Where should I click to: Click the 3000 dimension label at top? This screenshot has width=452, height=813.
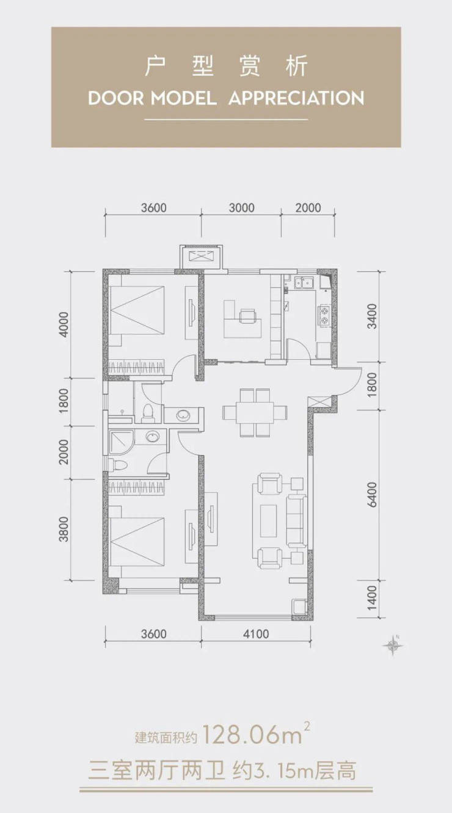(x=241, y=208)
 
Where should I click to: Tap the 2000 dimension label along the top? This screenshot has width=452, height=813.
(x=308, y=208)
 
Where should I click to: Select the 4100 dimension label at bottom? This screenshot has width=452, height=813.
(x=256, y=634)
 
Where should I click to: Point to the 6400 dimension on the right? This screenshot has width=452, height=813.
(x=373, y=494)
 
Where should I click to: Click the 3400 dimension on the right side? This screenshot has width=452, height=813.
(x=373, y=316)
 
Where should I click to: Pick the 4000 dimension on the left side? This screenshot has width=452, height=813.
(x=64, y=324)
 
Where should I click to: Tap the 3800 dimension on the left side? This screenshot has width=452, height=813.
(x=64, y=529)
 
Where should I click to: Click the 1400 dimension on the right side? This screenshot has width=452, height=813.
(x=373, y=598)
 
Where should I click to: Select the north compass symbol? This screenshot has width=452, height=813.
(x=393, y=645)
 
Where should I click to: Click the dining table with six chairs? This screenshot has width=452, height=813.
(x=255, y=412)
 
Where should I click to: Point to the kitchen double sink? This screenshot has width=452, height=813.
(x=304, y=282)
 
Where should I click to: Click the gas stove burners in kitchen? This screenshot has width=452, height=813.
(x=323, y=315)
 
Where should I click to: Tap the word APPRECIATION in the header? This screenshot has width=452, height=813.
(x=296, y=98)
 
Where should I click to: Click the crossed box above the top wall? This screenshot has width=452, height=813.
(x=202, y=257)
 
